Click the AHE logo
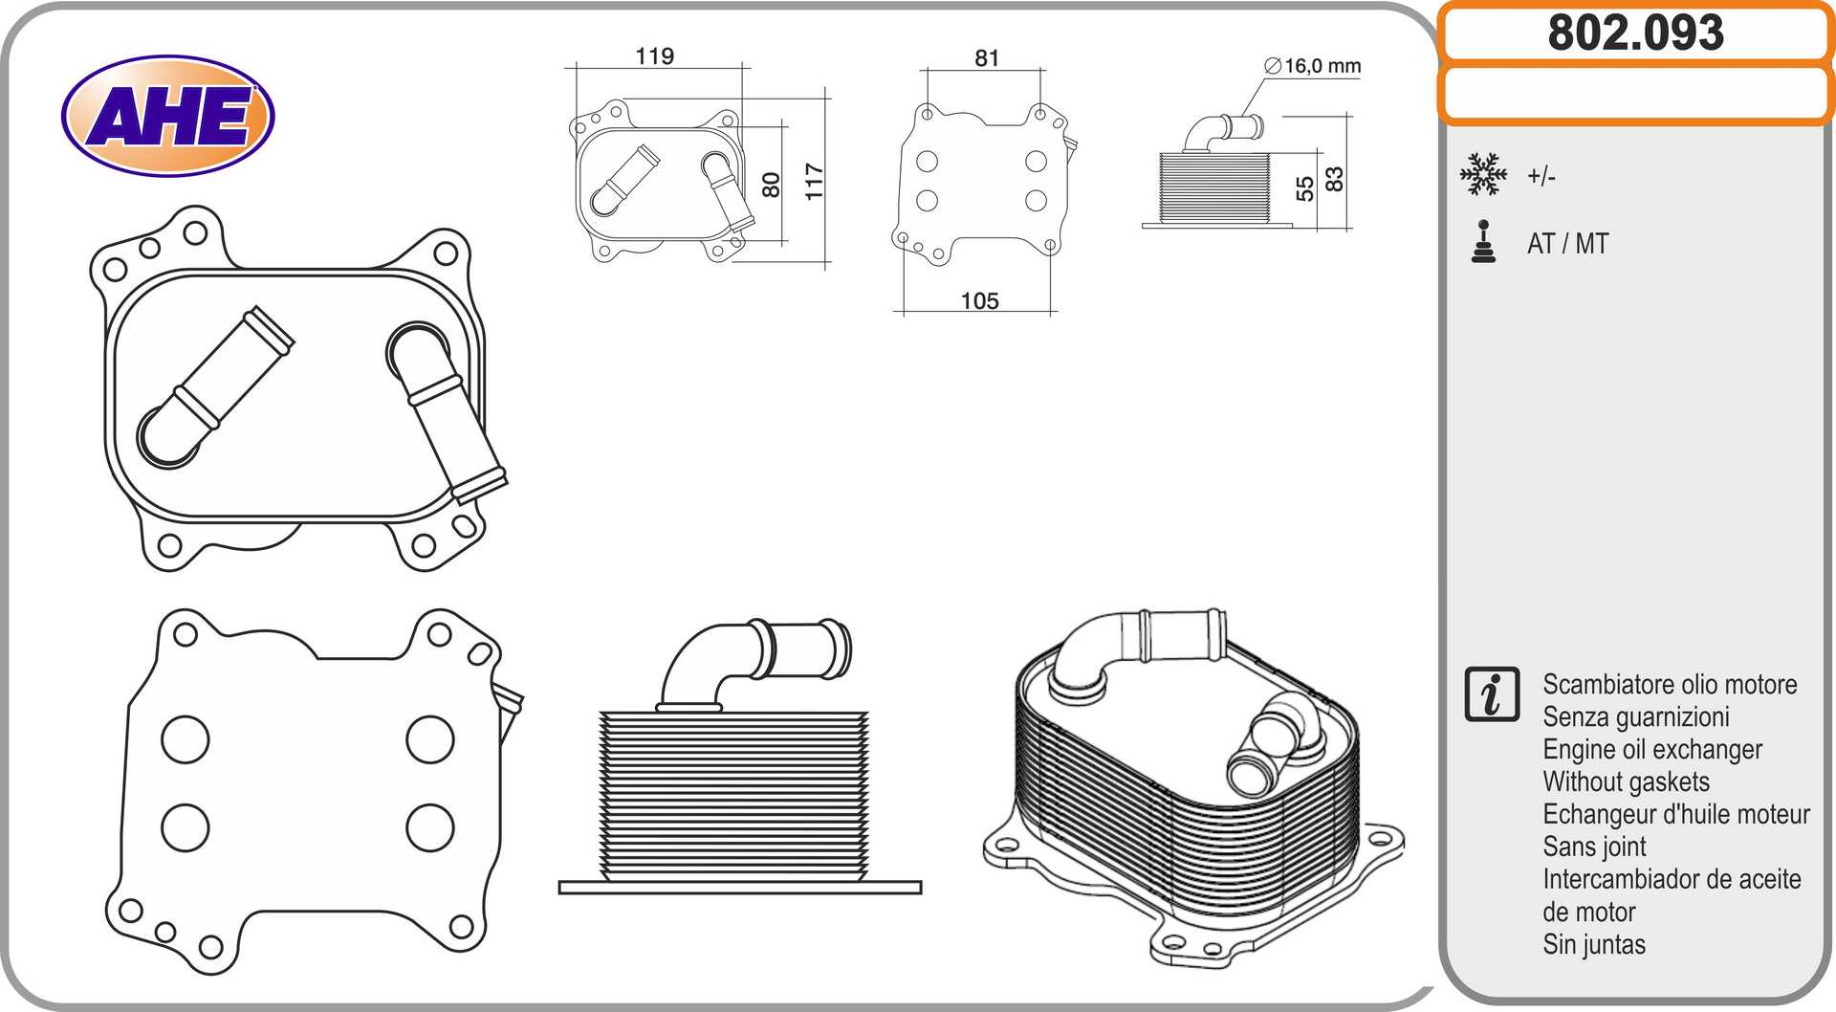click(x=168, y=116)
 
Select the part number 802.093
click(x=1636, y=33)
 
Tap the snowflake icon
click(x=1483, y=174)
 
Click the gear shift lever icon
click(x=1484, y=241)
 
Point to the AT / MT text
click(x=1568, y=244)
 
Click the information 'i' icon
click(x=1492, y=694)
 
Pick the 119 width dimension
click(x=655, y=56)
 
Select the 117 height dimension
click(x=814, y=181)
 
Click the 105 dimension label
click(x=979, y=301)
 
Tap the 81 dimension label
click(x=987, y=58)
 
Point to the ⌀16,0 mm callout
click(x=1313, y=66)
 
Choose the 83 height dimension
click(x=1334, y=179)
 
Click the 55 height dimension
click(x=1304, y=189)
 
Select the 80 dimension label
click(x=771, y=185)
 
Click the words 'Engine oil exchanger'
click(x=1652, y=750)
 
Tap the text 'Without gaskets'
click(x=1626, y=782)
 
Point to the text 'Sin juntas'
click(x=1594, y=945)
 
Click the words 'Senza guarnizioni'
click(x=1636, y=717)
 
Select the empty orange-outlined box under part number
click(x=1636, y=94)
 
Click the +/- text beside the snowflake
click(x=1541, y=176)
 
